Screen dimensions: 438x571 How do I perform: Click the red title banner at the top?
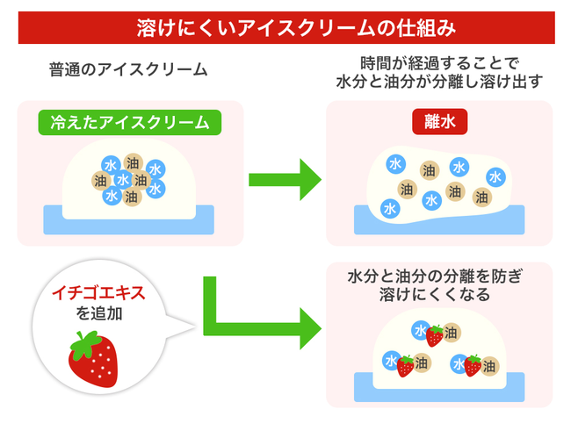tap(285, 27)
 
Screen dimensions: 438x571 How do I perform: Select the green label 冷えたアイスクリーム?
tap(129, 123)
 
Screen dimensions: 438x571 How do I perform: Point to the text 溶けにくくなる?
tap(439, 295)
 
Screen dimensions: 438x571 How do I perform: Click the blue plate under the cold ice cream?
tap(129, 220)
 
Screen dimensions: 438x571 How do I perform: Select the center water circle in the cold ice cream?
tap(123, 180)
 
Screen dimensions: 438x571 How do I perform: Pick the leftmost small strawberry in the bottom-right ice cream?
tap(405, 366)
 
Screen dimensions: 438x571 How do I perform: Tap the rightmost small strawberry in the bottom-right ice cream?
tap(473, 365)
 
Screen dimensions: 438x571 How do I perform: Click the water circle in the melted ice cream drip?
tap(390, 208)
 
